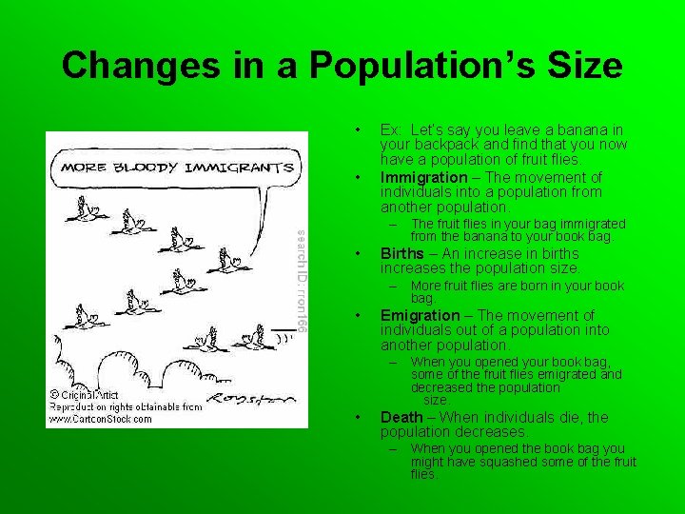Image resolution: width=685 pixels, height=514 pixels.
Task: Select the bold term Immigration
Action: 423,177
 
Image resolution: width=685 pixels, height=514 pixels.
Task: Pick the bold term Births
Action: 402,254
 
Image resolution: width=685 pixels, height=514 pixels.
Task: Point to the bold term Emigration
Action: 420,315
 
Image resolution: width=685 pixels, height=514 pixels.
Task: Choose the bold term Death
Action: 401,417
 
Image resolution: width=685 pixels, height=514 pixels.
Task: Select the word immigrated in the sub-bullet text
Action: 591,224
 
